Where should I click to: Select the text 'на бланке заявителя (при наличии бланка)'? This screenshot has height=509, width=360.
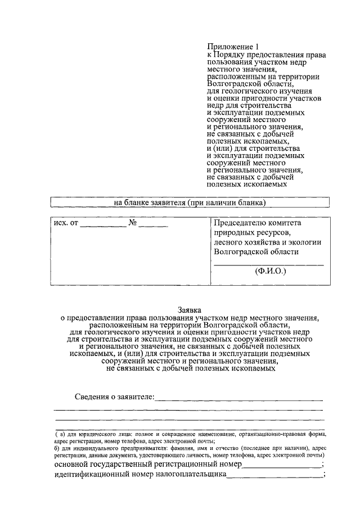point(190,202)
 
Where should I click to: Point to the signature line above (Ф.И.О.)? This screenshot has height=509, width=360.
point(268,264)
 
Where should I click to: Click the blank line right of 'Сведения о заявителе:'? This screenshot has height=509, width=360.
point(238,399)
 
